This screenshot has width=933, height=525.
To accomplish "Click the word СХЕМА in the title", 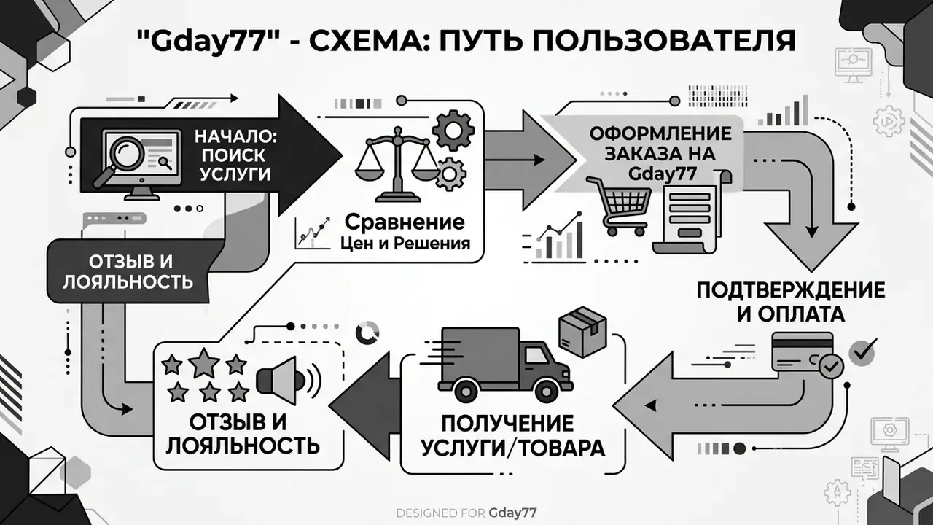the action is (362, 40).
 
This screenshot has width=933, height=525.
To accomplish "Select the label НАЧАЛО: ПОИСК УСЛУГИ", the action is (235, 155).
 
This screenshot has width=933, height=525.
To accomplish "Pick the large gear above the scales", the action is (453, 131).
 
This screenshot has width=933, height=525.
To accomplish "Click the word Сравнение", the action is (405, 222).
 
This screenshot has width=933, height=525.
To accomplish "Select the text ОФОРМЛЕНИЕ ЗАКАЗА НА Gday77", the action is (660, 153).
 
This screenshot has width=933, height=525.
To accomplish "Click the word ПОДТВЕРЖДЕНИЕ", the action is (791, 290).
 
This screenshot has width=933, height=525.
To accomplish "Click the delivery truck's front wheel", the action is (547, 390).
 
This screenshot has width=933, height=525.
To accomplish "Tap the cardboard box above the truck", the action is (582, 332).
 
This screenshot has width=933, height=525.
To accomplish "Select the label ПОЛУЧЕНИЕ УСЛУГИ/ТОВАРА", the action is (512, 436).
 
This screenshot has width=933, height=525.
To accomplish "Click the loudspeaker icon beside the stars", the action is (288, 381).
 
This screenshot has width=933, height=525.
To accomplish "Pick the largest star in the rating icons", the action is (204, 363).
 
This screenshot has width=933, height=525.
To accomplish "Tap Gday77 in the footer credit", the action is (512, 513).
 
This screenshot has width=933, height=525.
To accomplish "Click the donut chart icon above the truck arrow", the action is (368, 332).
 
